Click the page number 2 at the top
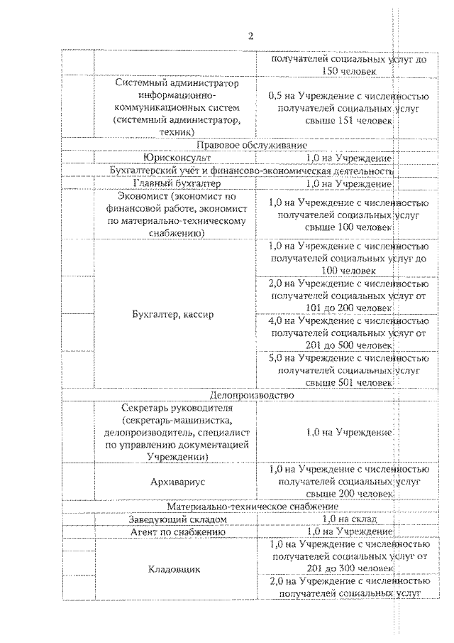click(x=250, y=36)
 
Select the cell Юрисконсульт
click(x=175, y=158)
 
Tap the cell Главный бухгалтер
click(x=175, y=183)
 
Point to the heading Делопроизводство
click(x=250, y=394)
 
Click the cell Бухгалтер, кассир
click(x=175, y=314)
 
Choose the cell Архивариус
click(x=175, y=481)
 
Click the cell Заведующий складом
click(x=175, y=519)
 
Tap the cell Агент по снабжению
click(x=175, y=531)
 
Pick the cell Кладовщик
click(x=175, y=569)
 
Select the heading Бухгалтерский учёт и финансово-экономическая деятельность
click(x=250, y=171)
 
